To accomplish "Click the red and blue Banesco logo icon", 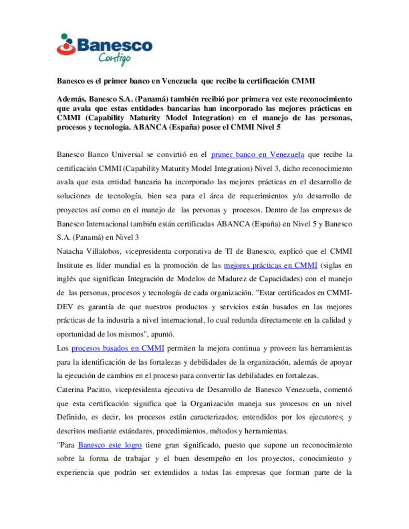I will point(66,45).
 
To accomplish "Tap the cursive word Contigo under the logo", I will point(114,59).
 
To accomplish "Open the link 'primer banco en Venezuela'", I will point(257,155).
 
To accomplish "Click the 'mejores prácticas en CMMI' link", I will point(270,266).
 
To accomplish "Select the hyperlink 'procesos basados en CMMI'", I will point(118,349).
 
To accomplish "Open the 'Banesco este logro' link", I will point(110,445).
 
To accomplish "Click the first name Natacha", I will point(70,252).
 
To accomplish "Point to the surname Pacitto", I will point(99,390).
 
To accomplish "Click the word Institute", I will point(70,266).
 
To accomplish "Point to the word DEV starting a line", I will point(64,307).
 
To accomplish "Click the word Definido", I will point(72,417).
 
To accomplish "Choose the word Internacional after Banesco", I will point(107,224).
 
